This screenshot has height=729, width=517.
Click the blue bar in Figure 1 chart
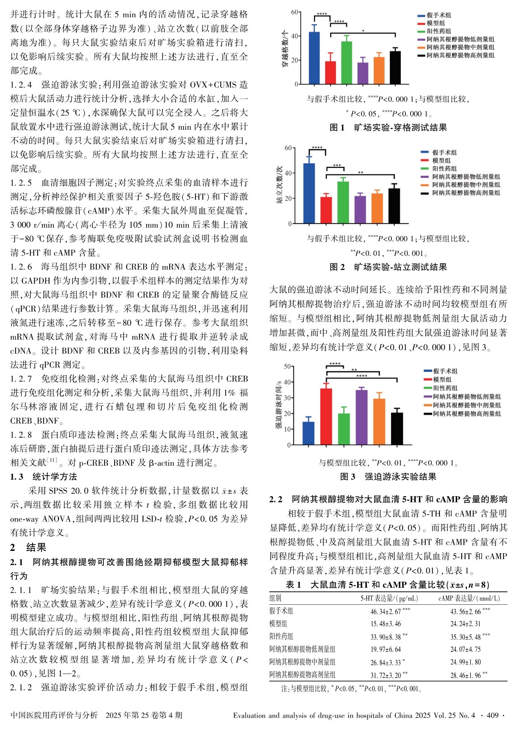click(x=314, y=58)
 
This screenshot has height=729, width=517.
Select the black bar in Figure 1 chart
click(x=395, y=68)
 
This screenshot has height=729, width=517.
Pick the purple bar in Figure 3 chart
click(x=361, y=417)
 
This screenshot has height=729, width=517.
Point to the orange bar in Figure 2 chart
click(x=377, y=209)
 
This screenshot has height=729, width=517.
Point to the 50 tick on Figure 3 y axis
click(x=287, y=366)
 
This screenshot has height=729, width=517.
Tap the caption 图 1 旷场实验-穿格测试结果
click(x=388, y=128)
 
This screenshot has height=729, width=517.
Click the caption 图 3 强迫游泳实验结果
click(x=388, y=477)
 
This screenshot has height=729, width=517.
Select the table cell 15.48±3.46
click(x=385, y=624)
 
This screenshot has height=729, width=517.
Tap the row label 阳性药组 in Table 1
click(x=281, y=637)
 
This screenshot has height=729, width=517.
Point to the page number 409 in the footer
click(x=493, y=715)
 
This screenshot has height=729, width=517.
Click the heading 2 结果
click(x=28, y=548)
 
